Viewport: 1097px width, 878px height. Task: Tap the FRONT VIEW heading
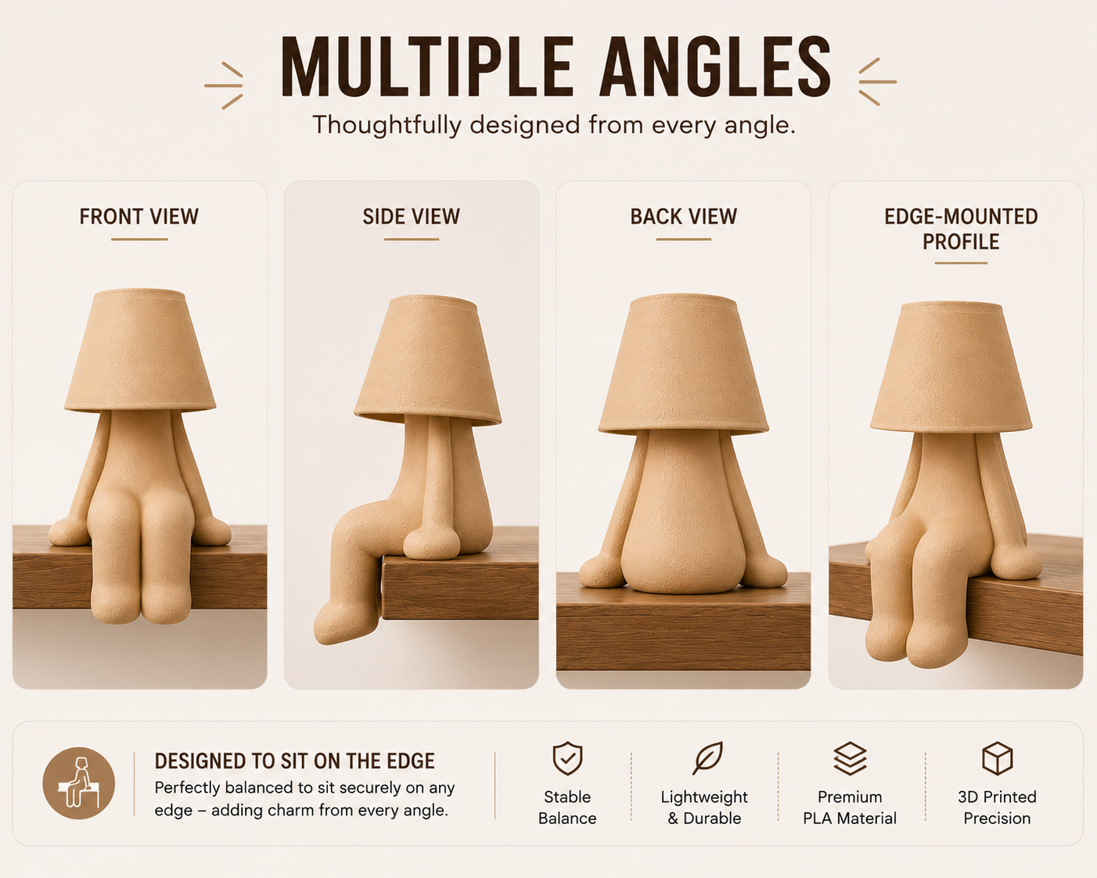click(x=138, y=217)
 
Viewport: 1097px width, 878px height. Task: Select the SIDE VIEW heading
click(x=412, y=217)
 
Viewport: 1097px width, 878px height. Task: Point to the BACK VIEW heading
click(x=684, y=217)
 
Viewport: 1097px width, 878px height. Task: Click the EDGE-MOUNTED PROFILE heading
click(x=961, y=229)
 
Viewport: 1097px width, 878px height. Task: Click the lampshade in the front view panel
click(x=140, y=351)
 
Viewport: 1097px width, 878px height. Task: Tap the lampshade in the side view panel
click(x=428, y=361)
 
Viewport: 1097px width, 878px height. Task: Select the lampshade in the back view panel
click(x=684, y=365)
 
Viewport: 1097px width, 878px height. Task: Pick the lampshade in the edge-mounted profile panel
click(x=951, y=367)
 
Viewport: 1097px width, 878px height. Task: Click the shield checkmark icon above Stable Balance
click(x=567, y=759)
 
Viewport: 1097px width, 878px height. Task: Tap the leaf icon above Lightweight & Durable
click(x=707, y=758)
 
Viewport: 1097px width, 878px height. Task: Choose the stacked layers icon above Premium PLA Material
click(x=850, y=759)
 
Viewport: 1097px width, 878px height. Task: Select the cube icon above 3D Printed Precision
click(x=997, y=759)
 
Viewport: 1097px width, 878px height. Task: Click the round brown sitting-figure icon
click(x=78, y=783)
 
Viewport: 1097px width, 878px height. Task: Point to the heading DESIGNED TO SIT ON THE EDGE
click(x=295, y=761)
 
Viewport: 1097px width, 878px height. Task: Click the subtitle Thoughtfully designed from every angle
click(x=554, y=125)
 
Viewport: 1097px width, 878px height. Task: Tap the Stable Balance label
click(x=567, y=808)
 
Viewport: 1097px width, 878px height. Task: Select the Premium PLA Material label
click(x=850, y=808)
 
